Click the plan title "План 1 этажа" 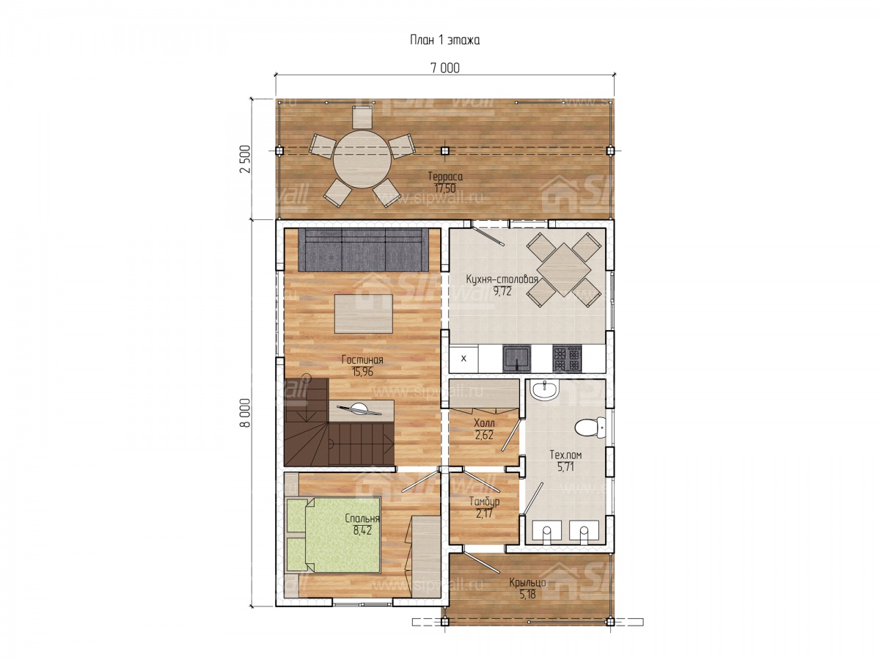point(444,40)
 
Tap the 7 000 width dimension point(445,68)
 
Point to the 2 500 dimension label point(245,158)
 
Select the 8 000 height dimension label point(246,413)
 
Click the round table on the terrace point(362,158)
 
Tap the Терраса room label point(445,176)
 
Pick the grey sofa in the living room point(363,250)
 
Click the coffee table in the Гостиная point(364,314)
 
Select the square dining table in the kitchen point(564,269)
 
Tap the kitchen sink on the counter point(517,359)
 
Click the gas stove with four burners point(567,359)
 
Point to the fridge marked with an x point(463,359)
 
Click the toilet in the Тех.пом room point(590,428)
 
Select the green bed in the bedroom point(333,535)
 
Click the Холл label point(484,423)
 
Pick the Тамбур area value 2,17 point(484,513)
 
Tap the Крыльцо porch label point(527,582)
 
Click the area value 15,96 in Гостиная point(362,372)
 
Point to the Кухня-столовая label point(502,279)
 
